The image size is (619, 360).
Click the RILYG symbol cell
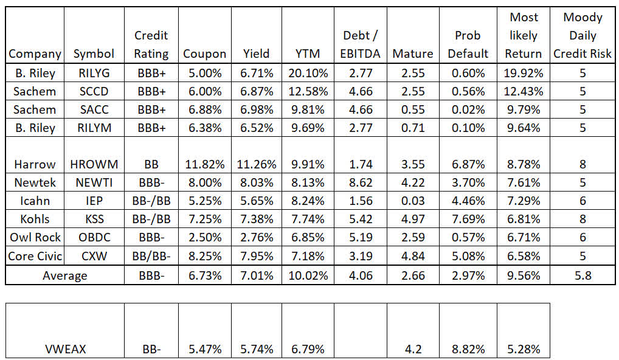click(94, 73)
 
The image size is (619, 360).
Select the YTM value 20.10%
click(307, 73)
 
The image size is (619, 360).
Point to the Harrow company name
click(35, 164)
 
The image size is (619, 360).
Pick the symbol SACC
click(94, 109)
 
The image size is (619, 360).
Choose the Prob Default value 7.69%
click(468, 219)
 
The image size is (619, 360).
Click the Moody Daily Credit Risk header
click(583, 35)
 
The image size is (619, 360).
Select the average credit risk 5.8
click(583, 275)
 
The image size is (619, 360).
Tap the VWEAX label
click(64, 349)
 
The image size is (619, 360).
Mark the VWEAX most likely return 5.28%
click(523, 349)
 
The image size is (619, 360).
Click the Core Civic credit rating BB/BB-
click(151, 255)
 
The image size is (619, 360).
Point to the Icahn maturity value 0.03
click(413, 201)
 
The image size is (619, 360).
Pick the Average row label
click(64, 275)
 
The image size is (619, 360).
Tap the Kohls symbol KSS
click(94, 219)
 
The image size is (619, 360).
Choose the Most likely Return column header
click(523, 35)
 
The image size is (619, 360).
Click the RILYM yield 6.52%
click(256, 128)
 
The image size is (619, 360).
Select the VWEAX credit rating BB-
click(151, 349)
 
